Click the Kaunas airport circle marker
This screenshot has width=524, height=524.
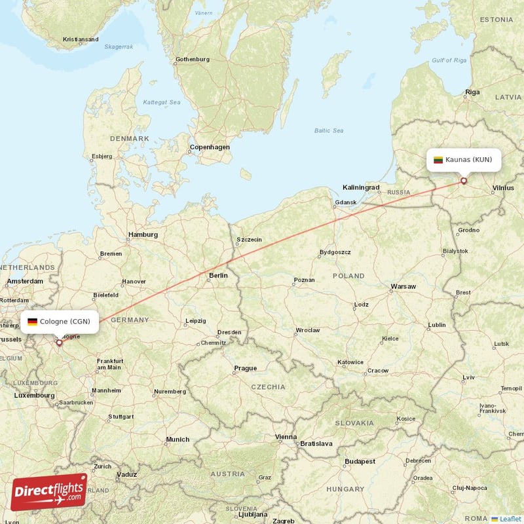point(464,181)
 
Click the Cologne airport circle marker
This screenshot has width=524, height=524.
point(60,342)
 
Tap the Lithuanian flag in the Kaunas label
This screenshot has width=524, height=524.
point(438,160)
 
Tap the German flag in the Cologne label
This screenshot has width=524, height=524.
point(32,322)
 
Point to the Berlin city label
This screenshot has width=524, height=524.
point(217,276)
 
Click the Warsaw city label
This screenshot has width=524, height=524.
point(403,287)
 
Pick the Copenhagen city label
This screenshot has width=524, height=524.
point(210,147)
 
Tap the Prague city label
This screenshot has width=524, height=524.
point(246,368)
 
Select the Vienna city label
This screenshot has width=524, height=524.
point(286,437)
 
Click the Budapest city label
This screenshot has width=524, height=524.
point(360,461)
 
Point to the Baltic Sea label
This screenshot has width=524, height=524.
point(329,131)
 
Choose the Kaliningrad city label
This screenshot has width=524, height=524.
point(361,187)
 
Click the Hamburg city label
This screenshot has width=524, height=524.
point(143,234)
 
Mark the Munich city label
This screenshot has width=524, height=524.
point(178,440)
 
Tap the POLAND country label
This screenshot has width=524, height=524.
point(348,276)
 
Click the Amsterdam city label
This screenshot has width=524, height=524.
point(25,281)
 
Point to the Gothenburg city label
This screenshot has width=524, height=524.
point(193,60)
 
